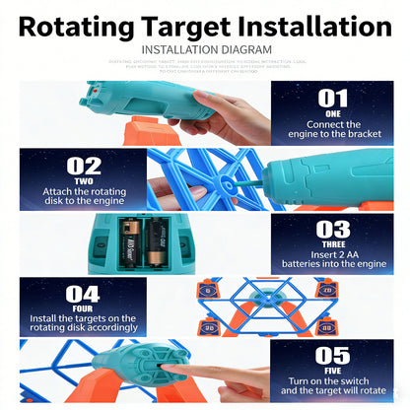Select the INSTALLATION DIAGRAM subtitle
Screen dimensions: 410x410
point(204,49)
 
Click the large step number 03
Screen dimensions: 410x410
point(333,231)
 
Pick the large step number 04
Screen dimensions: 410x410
point(83,294)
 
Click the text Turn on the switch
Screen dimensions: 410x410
point(333,386)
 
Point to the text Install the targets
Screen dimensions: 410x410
point(83,320)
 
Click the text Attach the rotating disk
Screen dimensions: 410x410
point(83,195)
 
